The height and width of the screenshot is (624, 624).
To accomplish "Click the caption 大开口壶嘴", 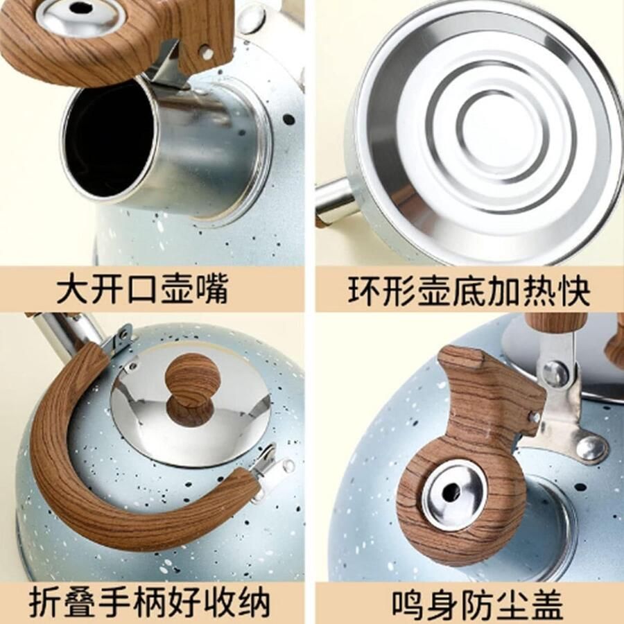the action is pyautogui.click(x=142, y=290).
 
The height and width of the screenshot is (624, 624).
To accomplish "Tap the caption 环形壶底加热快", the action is pyautogui.click(x=469, y=290).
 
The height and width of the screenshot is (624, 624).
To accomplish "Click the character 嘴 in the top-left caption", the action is pyautogui.click(x=212, y=290).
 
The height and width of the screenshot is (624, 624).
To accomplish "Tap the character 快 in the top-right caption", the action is pyautogui.click(x=573, y=290).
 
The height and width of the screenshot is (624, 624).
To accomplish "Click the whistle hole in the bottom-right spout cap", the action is pyautogui.click(x=451, y=494).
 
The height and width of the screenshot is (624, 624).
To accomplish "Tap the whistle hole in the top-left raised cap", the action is pyautogui.click(x=79, y=8).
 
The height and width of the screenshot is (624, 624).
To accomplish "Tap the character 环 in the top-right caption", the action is pyautogui.click(x=364, y=290).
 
